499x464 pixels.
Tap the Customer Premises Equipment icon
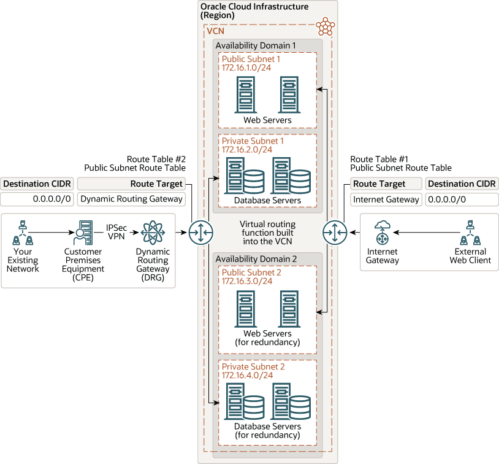point(83,233)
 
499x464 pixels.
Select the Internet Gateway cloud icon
point(383,233)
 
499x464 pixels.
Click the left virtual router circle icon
point(200,233)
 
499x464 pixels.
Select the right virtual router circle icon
point(335,233)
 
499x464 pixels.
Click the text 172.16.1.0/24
point(246,68)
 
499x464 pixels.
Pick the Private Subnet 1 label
point(253,141)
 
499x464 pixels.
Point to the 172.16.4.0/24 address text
point(246,375)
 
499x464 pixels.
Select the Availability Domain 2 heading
point(256,259)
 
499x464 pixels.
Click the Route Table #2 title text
point(156,158)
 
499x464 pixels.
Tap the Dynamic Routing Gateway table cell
point(131,199)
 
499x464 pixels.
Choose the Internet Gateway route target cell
point(386,199)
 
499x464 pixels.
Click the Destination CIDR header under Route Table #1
point(459,184)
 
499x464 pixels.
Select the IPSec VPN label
point(116,231)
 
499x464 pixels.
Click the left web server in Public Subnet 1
point(245,95)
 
